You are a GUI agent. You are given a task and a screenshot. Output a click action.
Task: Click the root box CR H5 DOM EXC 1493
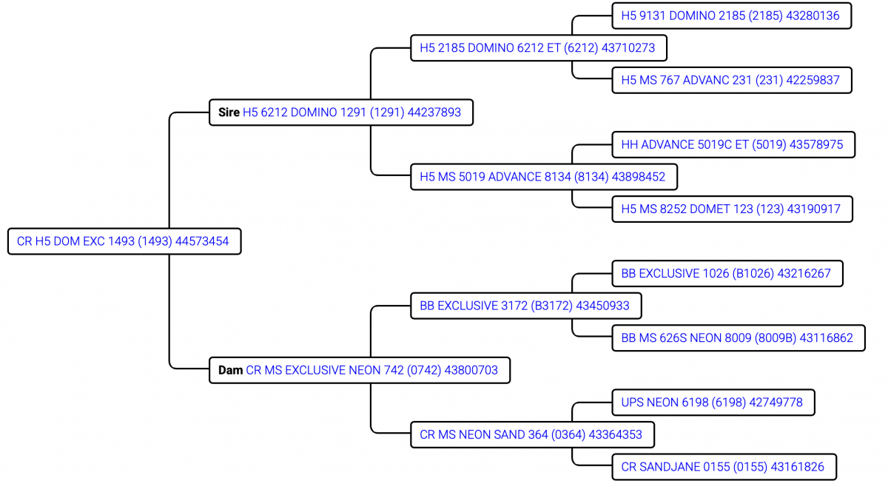click(124, 241)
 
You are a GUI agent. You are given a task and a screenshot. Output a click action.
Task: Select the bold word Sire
click(229, 112)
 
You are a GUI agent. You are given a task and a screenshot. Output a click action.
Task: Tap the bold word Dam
click(230, 369)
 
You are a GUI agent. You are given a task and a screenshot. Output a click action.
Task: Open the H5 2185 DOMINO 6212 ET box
click(537, 48)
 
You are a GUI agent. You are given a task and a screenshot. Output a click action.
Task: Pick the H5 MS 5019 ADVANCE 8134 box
click(542, 177)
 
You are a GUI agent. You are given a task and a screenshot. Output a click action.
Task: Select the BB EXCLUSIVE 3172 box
click(525, 306)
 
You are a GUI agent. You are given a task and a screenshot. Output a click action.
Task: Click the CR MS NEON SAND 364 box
click(531, 434)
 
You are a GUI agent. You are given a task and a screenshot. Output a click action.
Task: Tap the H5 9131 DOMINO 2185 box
click(730, 16)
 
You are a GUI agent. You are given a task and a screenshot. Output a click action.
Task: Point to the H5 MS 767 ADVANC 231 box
click(730, 80)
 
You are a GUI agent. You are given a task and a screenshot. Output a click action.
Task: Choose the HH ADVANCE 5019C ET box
click(732, 144)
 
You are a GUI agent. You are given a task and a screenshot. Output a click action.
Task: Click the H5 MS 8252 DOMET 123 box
click(730, 209)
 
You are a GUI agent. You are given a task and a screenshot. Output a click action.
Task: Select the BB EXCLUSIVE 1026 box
click(726, 274)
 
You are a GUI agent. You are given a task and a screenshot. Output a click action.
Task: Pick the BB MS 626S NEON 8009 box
click(737, 338)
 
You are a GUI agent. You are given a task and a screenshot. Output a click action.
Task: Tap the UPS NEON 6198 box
click(712, 403)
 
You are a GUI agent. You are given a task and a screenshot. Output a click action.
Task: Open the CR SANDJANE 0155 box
click(722, 467)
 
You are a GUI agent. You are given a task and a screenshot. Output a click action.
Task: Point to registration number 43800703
click(471, 369)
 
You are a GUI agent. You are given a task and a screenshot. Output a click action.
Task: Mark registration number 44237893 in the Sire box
click(434, 112)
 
